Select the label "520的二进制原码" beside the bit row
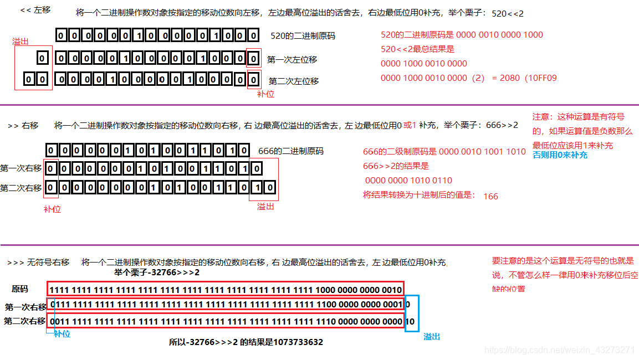point(303,36)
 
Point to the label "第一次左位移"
point(292,59)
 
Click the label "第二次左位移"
point(294,81)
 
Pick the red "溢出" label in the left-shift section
point(21,42)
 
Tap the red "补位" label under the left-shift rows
point(265,94)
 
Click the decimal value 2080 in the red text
point(509,78)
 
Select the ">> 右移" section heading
point(23,126)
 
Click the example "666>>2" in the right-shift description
point(502,125)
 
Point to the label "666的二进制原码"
point(291,151)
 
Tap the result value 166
point(490,196)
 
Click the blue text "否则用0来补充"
point(560,156)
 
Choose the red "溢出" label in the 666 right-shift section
point(265,207)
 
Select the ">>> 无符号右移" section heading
point(38,263)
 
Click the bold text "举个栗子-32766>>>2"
point(157,272)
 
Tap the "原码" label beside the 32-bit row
point(20,289)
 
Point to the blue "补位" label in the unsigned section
point(62,334)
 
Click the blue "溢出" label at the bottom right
point(432,336)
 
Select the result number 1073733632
point(298,342)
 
